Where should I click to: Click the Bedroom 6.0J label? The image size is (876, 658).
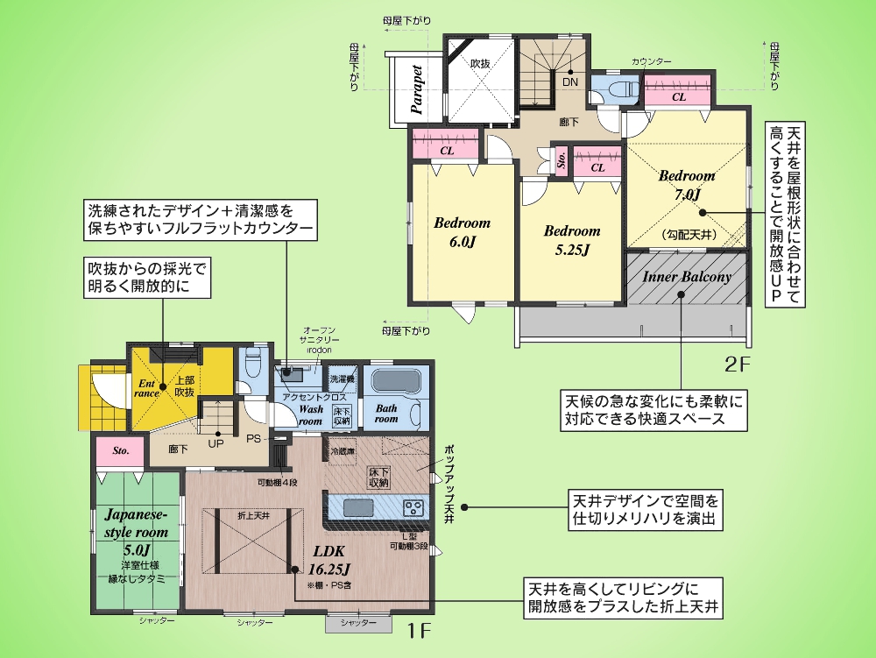coord(462,232)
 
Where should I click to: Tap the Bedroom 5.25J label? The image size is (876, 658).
coord(571,240)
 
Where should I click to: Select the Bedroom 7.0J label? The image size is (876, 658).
coord(687,184)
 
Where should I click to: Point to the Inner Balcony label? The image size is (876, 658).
coord(687,277)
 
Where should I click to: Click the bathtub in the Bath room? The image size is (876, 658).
coord(398,383)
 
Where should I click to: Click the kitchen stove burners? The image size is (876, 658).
coord(413,508)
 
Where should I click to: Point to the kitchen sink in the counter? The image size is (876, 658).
coord(357,508)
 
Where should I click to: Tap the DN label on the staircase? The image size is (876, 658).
coord(570,81)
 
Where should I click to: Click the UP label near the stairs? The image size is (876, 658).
coord(215,442)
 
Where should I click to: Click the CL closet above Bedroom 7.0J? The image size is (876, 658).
coord(678,97)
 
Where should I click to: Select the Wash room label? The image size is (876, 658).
coord(311,414)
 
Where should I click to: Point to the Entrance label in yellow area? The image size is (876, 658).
coord(146,388)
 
